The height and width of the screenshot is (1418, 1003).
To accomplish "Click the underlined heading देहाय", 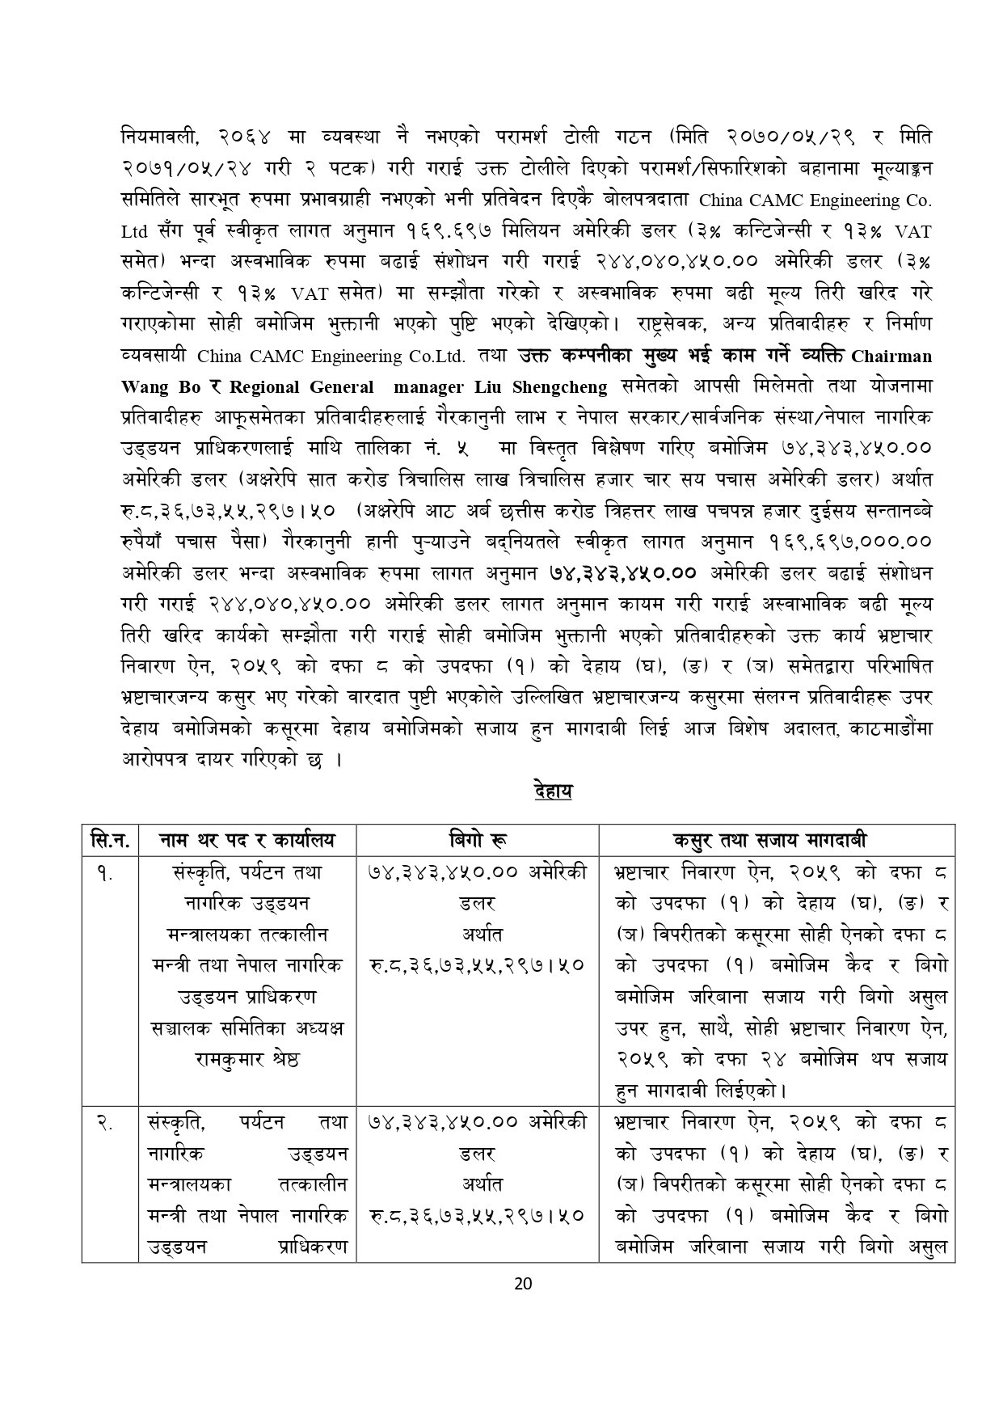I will [x=553, y=790].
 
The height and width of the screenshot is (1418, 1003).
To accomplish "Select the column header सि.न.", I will [x=110, y=839].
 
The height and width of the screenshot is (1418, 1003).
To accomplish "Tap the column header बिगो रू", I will [x=478, y=839].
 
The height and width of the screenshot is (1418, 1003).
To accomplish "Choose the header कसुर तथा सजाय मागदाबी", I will [x=776, y=839].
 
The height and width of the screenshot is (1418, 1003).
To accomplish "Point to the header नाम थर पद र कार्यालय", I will [x=247, y=839].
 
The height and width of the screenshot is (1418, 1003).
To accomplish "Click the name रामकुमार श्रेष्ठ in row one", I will [x=247, y=1058].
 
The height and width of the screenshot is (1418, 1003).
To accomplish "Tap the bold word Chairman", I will [x=891, y=356].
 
